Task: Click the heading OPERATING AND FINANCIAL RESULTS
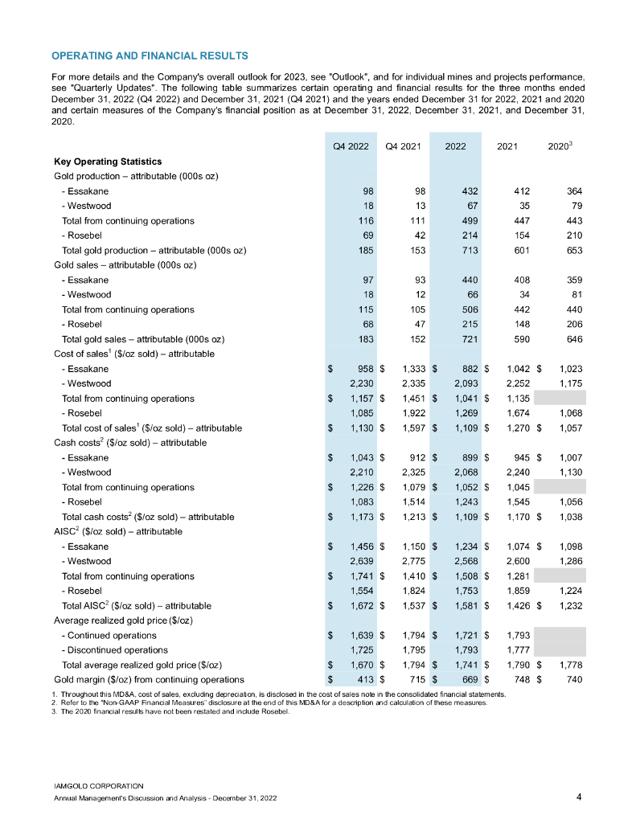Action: [x=149, y=55]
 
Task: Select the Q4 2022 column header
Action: [x=351, y=145]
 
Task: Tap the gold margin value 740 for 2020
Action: [x=572, y=679]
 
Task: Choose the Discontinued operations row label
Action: [x=115, y=649]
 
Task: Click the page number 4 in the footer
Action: [x=580, y=796]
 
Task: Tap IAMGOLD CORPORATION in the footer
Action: [x=98, y=784]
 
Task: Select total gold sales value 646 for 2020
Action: [x=572, y=338]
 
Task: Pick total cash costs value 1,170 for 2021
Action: [x=515, y=516]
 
